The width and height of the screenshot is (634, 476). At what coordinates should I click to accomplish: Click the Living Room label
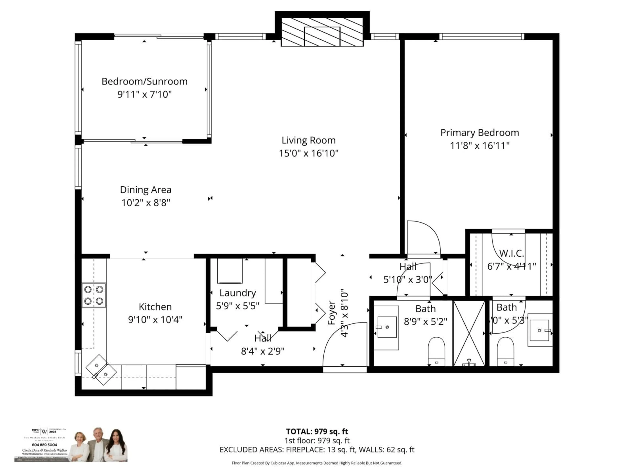point(308,140)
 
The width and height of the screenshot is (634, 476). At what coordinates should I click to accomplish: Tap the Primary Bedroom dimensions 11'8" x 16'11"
point(479,146)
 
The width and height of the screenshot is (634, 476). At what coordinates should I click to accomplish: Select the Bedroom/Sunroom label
point(144,81)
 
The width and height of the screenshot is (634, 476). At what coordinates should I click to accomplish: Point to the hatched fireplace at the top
point(322,32)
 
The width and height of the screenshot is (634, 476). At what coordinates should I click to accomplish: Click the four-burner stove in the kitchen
point(94,295)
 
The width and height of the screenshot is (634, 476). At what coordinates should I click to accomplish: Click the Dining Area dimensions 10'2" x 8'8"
point(146,203)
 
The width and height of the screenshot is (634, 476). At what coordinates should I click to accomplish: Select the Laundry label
point(238,293)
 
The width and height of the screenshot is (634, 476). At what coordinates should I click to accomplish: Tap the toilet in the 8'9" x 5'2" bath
point(436,352)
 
